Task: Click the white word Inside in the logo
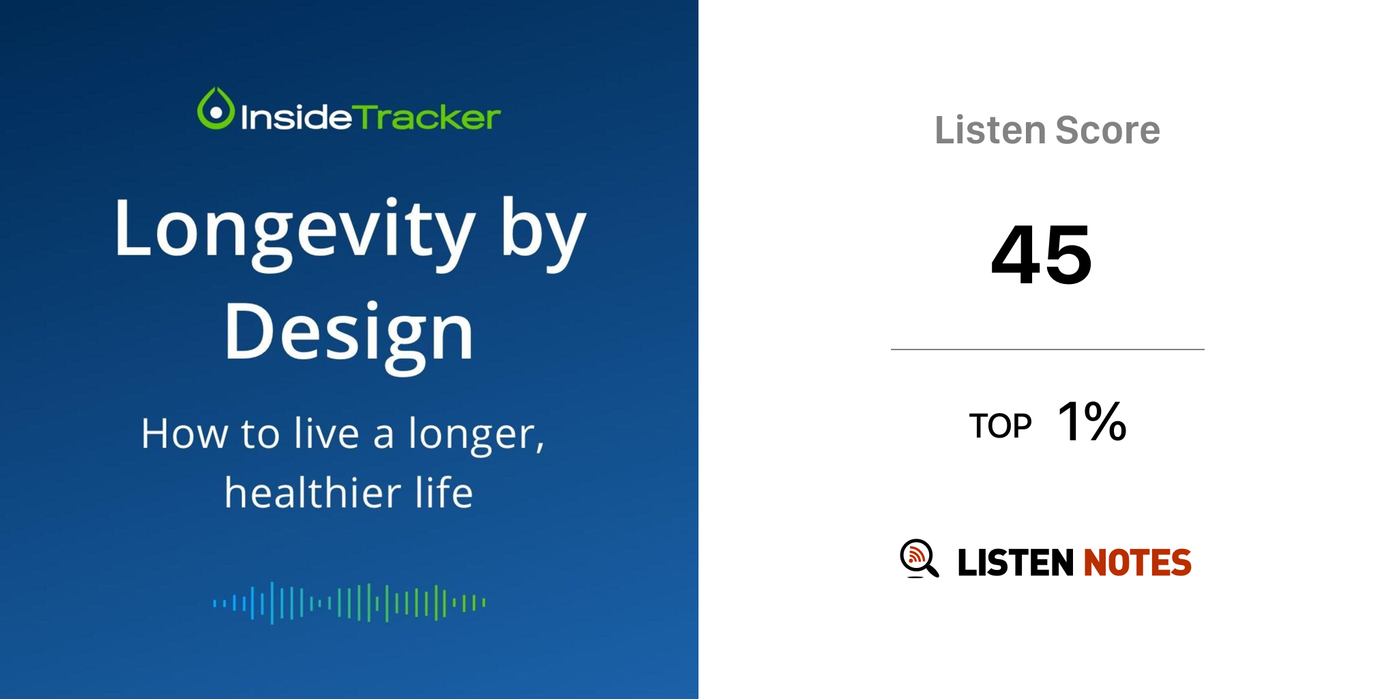297,117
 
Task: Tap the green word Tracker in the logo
428,117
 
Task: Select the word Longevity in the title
295,233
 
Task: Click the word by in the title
544,233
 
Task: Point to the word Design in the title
349,335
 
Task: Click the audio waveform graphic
349,603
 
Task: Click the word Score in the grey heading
1108,130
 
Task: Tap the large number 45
1042,255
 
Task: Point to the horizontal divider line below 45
1048,349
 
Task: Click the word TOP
1000,426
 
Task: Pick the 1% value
1091,421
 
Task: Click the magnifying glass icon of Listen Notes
919,558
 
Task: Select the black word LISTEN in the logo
1016,562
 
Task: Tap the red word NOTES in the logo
1137,562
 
